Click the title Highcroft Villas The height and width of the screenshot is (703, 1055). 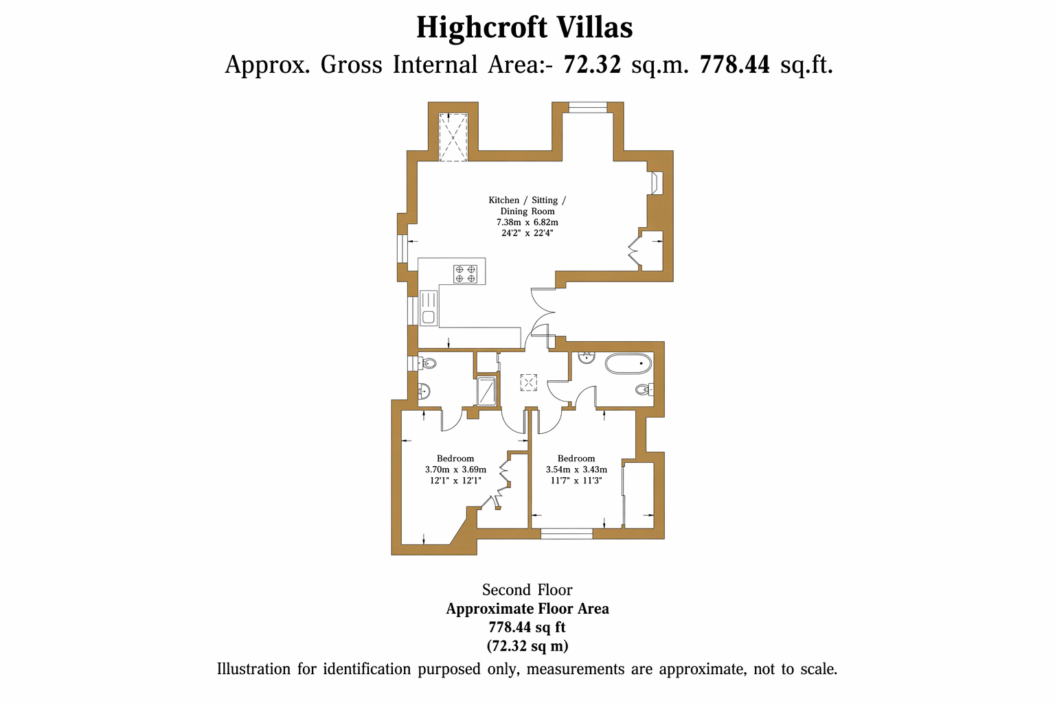point(525,27)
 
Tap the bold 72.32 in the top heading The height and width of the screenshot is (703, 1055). point(593,65)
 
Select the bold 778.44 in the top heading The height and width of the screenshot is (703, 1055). point(735,65)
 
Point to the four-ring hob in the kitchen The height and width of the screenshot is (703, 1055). point(465,274)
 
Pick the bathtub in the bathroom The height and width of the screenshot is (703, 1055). point(628,363)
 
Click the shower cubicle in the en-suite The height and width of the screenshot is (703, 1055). point(486,391)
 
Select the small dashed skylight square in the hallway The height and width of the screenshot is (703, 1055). point(528,382)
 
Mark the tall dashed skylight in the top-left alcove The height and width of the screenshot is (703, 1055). point(453,137)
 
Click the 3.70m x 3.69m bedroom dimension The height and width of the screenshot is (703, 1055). point(455,470)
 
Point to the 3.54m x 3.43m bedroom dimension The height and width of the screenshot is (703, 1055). point(576,470)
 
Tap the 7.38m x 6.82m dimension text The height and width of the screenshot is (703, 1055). point(527,222)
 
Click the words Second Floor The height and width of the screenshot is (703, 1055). point(527,590)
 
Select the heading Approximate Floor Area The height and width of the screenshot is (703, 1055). point(527,609)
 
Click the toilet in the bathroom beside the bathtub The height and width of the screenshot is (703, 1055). point(645,389)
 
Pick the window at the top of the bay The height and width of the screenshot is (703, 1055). point(588,107)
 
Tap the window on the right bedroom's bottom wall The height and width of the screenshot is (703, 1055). point(566,533)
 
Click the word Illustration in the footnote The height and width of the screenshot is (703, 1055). point(253,669)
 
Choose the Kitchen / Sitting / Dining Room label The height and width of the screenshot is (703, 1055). point(527,206)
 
